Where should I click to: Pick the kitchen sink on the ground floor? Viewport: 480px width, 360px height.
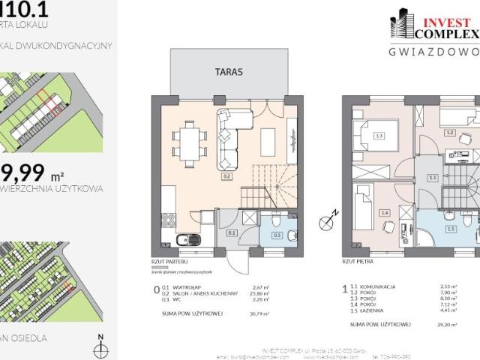point(182,239)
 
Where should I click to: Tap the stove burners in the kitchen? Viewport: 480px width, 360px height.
point(166,223)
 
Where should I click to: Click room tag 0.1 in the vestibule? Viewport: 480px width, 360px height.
point(232,232)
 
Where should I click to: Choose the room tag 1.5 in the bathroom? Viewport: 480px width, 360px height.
point(450,229)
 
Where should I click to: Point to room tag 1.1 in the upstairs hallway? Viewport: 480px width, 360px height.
point(432,178)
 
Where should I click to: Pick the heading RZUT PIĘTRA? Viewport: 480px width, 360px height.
point(358,262)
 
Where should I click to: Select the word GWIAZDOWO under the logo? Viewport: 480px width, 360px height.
point(433,52)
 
